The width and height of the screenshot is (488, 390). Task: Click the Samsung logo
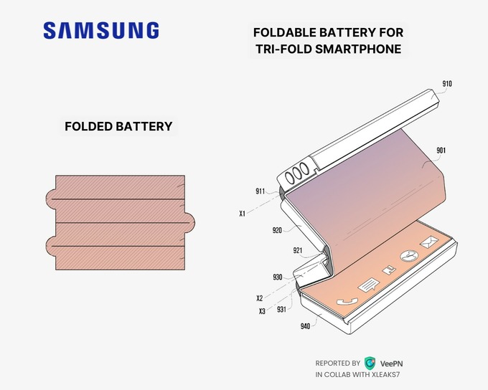pos(100,30)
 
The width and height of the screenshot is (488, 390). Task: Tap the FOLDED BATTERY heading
pos(118,126)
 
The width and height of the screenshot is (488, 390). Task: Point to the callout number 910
pos(447,84)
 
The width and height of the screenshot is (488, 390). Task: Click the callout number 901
pos(441,151)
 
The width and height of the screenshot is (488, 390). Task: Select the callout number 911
pos(261,191)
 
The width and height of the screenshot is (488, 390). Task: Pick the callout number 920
pos(277,230)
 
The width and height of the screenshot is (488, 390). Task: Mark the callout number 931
pos(282,310)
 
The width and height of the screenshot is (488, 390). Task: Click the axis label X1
pos(243,214)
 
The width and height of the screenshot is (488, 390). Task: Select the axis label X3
pos(262,311)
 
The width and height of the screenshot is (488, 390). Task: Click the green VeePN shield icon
pos(370,363)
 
